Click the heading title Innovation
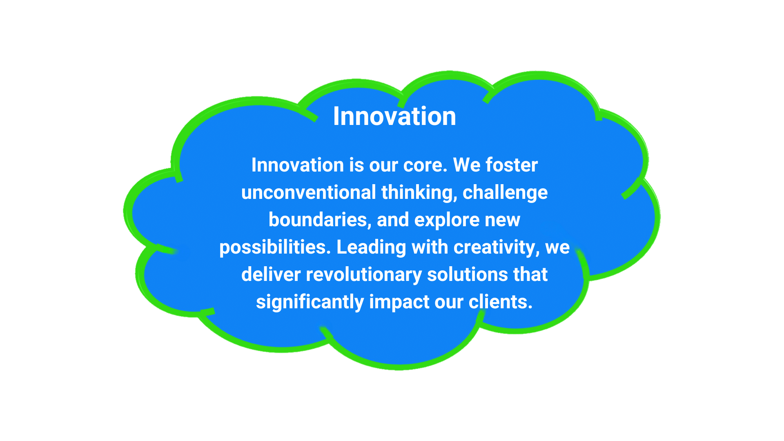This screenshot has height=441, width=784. coord(394,116)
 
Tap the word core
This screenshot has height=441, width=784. coord(425,165)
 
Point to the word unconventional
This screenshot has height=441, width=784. coord(309,192)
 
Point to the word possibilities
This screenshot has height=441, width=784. coord(275,247)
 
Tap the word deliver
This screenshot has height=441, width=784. coord(271,274)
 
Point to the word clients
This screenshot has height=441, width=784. coord(500,302)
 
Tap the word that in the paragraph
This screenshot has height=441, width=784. coord(530,274)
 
